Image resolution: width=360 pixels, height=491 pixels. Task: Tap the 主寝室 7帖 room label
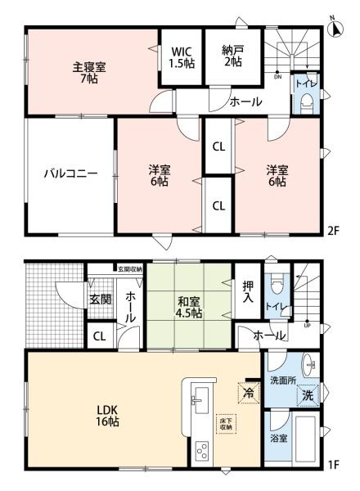(88, 72)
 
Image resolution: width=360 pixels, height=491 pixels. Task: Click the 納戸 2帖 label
(232, 55)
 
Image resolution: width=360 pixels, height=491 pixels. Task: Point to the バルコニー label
(70, 174)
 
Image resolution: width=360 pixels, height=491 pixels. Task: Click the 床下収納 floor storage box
(224, 423)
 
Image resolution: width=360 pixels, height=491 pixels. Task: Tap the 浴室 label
(279, 438)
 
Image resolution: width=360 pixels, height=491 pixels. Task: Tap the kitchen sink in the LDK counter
(197, 400)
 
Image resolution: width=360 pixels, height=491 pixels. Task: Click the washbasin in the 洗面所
(308, 364)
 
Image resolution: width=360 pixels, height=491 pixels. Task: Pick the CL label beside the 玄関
(99, 334)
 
